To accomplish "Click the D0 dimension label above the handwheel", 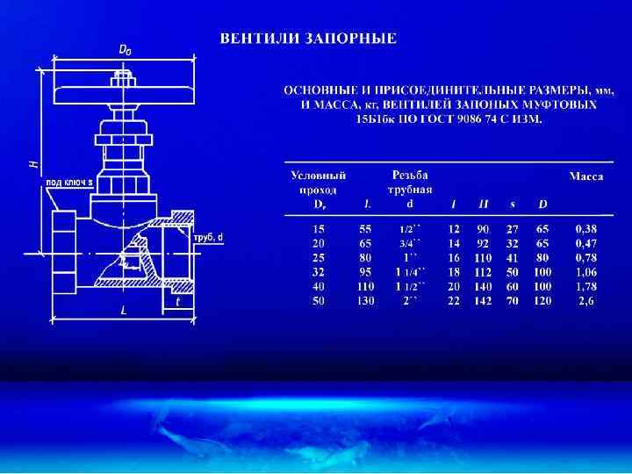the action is pos(126,50).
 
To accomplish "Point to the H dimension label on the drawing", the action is pos(32,164).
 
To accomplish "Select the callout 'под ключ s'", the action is pos(69,182).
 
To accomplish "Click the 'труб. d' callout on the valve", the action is pos(208,237).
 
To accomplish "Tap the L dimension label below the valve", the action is pos(124,311).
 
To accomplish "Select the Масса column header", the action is pos(585,176).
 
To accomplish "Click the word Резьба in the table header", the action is pos(410,176).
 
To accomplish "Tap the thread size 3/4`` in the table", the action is pos(410,243).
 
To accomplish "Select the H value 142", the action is pos(483,300).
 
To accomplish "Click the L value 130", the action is pos(365,300).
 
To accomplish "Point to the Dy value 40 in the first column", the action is pos(319,286).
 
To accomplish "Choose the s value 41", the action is pos(513,257).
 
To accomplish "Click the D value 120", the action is pos(542,300).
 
